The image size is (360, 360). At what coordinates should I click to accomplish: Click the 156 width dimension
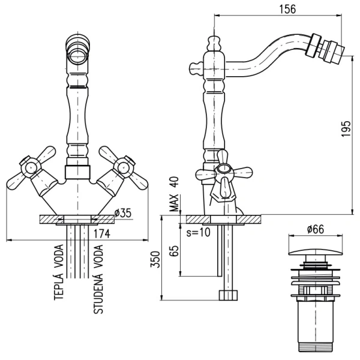coord(286,9)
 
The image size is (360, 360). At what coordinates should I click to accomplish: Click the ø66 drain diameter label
coord(316,229)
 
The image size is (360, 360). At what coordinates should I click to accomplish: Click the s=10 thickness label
coord(199,232)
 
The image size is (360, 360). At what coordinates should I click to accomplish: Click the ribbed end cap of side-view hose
coord(228,295)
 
